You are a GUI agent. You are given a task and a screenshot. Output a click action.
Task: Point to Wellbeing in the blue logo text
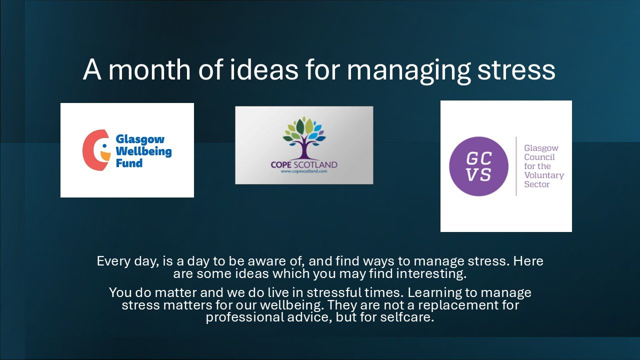(x=143, y=151)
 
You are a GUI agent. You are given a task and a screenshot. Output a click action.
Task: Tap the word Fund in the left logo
(x=129, y=163)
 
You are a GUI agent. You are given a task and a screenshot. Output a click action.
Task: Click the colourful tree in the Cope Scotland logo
(x=304, y=137)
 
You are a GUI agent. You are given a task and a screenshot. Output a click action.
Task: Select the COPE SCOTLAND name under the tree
(x=304, y=164)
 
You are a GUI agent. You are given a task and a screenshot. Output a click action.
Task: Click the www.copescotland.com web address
(x=304, y=171)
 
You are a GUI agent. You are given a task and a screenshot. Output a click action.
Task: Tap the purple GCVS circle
(x=478, y=166)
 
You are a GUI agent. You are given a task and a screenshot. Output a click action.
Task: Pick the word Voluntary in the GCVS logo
(x=543, y=175)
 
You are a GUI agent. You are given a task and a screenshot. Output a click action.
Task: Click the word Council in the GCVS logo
(x=539, y=157)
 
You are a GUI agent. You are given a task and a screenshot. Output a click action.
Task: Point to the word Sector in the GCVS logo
(x=536, y=184)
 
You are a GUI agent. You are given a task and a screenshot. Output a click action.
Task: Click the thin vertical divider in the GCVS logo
(x=516, y=166)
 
